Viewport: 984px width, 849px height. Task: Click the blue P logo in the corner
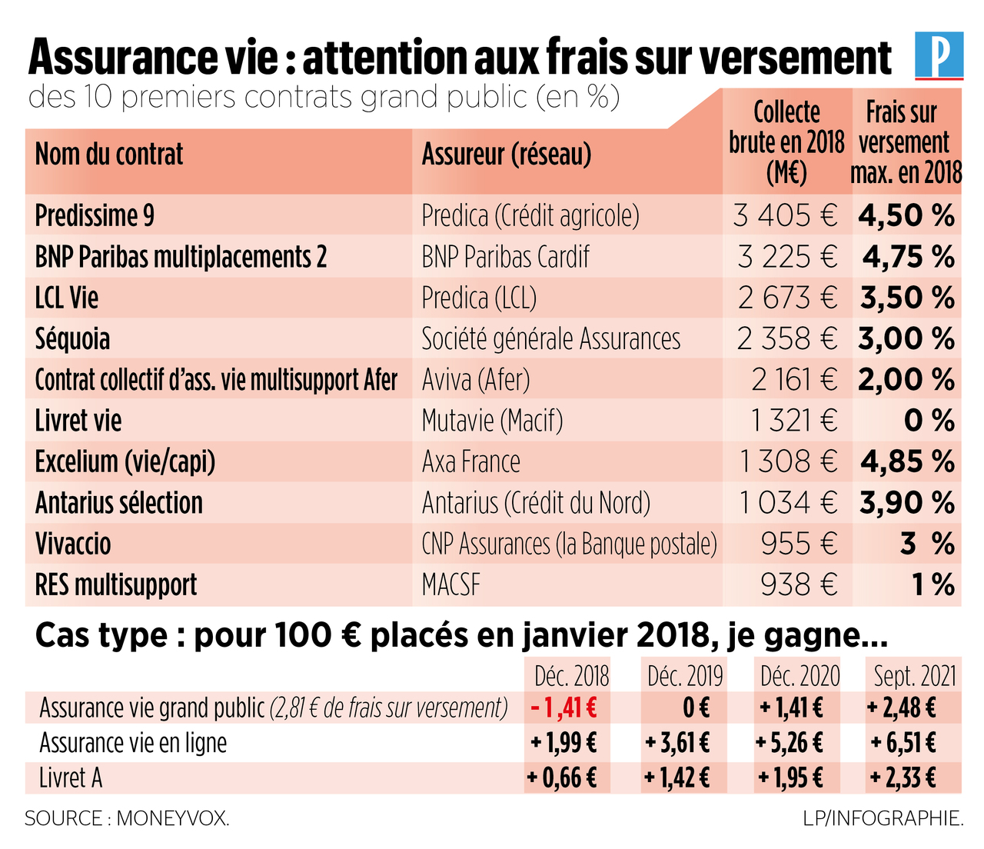click(x=939, y=55)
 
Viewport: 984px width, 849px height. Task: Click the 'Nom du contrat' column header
click(x=109, y=155)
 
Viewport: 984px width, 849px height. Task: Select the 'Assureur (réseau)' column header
click(x=506, y=155)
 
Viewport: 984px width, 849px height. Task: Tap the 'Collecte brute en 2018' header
click(x=786, y=143)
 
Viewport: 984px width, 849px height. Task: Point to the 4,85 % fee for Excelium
click(x=907, y=462)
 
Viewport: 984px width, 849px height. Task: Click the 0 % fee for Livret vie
click(x=929, y=421)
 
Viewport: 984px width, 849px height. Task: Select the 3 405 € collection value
click(x=785, y=215)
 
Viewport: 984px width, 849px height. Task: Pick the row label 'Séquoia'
click(x=72, y=339)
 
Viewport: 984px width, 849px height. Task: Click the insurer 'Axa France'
click(x=470, y=462)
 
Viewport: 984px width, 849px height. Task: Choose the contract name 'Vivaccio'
click(x=73, y=544)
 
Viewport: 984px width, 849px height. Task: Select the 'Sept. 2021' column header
click(x=914, y=676)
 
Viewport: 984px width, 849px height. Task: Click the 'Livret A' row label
click(x=71, y=778)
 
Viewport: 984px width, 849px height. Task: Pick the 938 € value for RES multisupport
click(x=798, y=585)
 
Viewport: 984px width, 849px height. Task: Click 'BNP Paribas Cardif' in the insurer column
click(x=505, y=257)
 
